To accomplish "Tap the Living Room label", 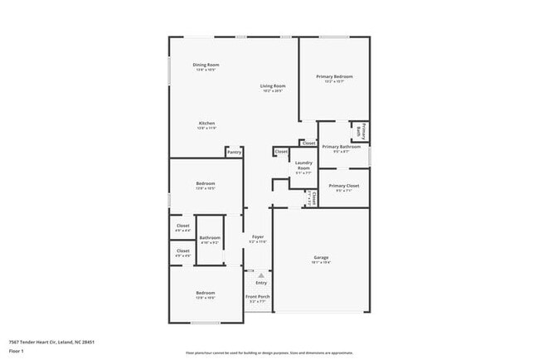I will pos(273,86).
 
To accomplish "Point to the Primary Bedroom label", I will pos(333,76).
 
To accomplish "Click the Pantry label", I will pos(234,152).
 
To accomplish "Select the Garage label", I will pos(321,257).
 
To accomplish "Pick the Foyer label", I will pos(258,237).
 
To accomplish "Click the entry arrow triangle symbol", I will pos(260,275).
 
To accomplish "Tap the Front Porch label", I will pos(258,297).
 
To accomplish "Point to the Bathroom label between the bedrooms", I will pos(210,238).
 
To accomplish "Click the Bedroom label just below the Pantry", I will pos(206,183).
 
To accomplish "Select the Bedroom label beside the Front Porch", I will pos(206,293).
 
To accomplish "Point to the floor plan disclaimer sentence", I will pos(269,352).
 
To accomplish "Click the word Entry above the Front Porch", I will pos(261,283).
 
